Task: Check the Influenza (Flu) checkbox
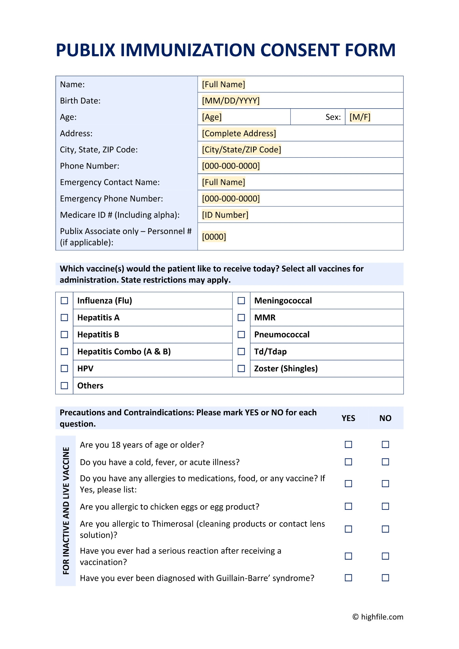[64, 301]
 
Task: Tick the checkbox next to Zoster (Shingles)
[241, 368]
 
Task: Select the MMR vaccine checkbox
[241, 318]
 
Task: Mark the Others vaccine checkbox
[64, 386]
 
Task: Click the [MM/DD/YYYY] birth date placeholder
[230, 101]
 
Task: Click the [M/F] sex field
[360, 117]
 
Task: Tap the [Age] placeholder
[212, 117]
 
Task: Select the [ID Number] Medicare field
[225, 215]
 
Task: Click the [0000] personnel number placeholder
[214, 237]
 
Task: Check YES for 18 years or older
[348, 444]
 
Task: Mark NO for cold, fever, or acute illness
[385, 462]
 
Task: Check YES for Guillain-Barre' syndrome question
[348, 578]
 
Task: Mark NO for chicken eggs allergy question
[385, 506]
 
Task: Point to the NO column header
[385, 418]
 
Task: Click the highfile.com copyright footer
[378, 617]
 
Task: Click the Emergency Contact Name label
[110, 182]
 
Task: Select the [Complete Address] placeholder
[239, 133]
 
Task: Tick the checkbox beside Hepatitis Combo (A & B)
[64, 352]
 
